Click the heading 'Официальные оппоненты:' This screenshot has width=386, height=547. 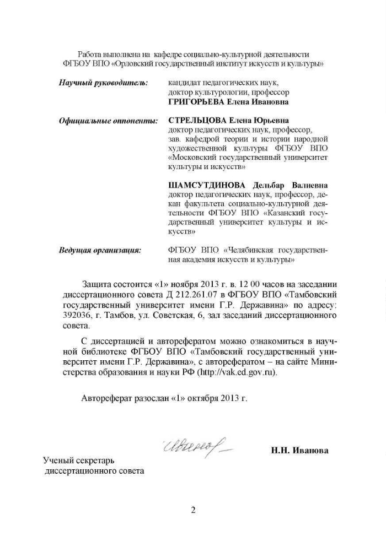point(108,121)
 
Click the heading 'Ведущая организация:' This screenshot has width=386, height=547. point(100,250)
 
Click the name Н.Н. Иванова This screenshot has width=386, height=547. point(299,451)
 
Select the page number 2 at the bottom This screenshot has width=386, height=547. point(193,510)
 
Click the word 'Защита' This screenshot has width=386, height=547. point(96,284)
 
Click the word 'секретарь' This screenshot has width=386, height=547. point(95,461)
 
